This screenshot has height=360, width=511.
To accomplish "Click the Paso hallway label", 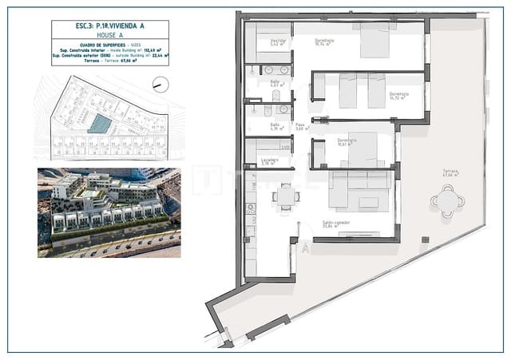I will pyautogui.click(x=300, y=126).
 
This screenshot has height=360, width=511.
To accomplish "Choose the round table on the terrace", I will pyautogui.click(x=446, y=201).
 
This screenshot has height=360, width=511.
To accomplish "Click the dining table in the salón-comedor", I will pyautogui.click(x=285, y=196).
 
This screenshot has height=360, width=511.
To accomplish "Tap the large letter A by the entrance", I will pyautogui.click(x=305, y=248).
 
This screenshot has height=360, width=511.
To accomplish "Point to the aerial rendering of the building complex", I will pyautogui.click(x=109, y=212).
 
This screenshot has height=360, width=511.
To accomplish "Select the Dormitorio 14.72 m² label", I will pyautogui.click(x=398, y=95).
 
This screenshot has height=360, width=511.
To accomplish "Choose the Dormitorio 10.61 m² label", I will pyautogui.click(x=346, y=142).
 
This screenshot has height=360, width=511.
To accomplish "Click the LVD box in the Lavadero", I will pyautogui.click(x=284, y=147).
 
